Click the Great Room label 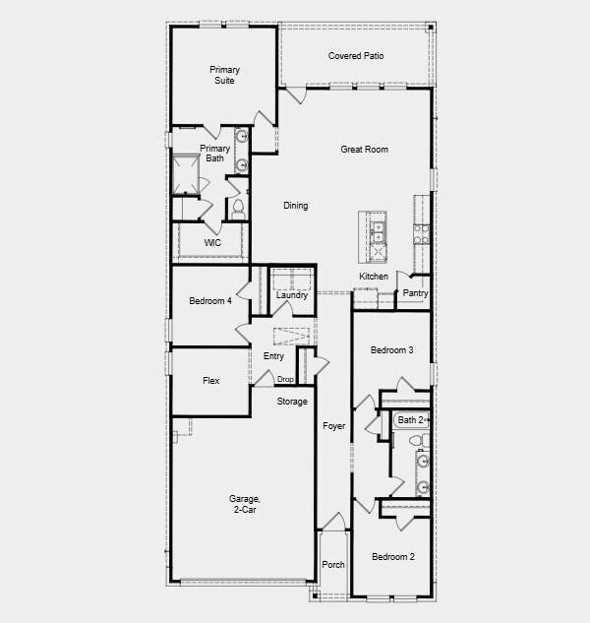coord(364,150)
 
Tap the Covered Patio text coord(355,56)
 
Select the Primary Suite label coord(224,76)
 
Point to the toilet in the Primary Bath coord(238,208)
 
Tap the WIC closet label coord(211,242)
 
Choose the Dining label coord(295,206)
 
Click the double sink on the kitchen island coord(378,232)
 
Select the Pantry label coord(415,293)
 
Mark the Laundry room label coord(292,295)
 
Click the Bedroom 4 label coord(209,301)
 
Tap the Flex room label coord(210,381)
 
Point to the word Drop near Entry coord(285,380)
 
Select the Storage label coord(292,402)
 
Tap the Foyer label coord(333,426)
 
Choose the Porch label coord(333,566)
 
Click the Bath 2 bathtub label coord(410,420)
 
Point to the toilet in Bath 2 coord(423,460)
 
